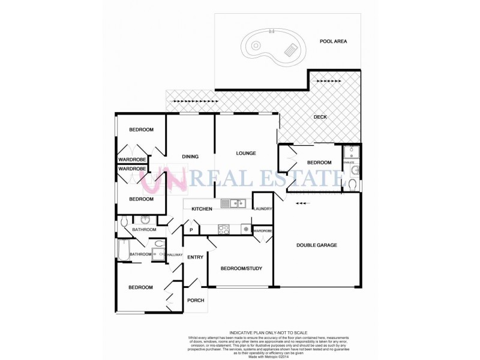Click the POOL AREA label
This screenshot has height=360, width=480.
click(x=334, y=41)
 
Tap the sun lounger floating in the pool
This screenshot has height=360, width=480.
click(x=292, y=50)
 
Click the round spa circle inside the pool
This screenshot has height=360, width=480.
click(x=256, y=44)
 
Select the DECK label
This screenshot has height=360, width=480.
click(x=320, y=117)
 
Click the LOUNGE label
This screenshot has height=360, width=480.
click(x=246, y=153)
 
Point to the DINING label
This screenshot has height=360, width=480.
click(x=190, y=157)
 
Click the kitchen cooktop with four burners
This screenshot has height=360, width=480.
click(x=224, y=228)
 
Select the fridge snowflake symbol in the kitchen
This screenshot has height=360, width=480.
click(x=245, y=229)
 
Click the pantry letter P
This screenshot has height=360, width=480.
click(x=191, y=230)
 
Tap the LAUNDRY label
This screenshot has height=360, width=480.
click(x=263, y=209)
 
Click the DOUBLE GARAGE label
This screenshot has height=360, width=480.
click(x=317, y=245)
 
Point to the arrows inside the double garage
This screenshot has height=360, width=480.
click(x=304, y=203)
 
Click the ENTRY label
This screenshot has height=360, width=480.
click(x=196, y=257)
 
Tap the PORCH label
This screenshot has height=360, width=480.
click(x=196, y=301)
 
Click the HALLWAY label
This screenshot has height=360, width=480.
click(x=175, y=255)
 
